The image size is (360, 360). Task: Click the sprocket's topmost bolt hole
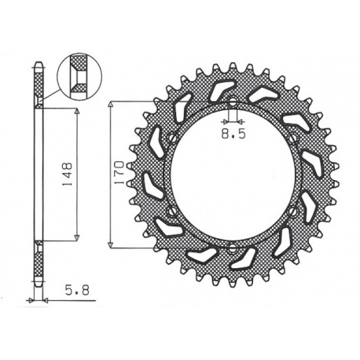pyautogui.click(x=233, y=101)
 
